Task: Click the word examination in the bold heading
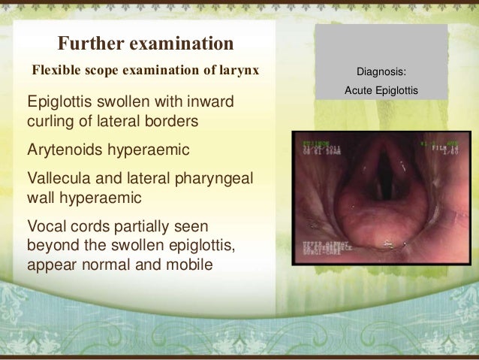[183, 41]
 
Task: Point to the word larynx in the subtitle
[239, 71]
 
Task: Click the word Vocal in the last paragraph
[45, 226]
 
